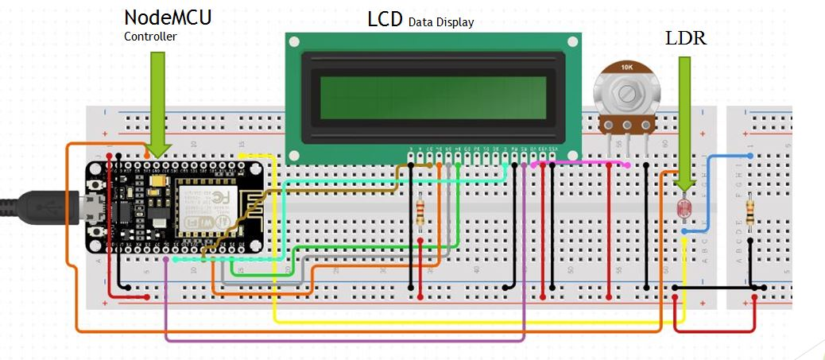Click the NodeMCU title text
click(x=168, y=17)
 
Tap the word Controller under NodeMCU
click(x=150, y=37)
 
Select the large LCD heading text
click(x=385, y=19)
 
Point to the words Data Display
click(x=440, y=22)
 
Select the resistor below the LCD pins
click(x=420, y=211)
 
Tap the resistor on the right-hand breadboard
click(x=751, y=212)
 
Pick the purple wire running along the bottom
click(x=342, y=340)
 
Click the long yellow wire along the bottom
click(x=477, y=321)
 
